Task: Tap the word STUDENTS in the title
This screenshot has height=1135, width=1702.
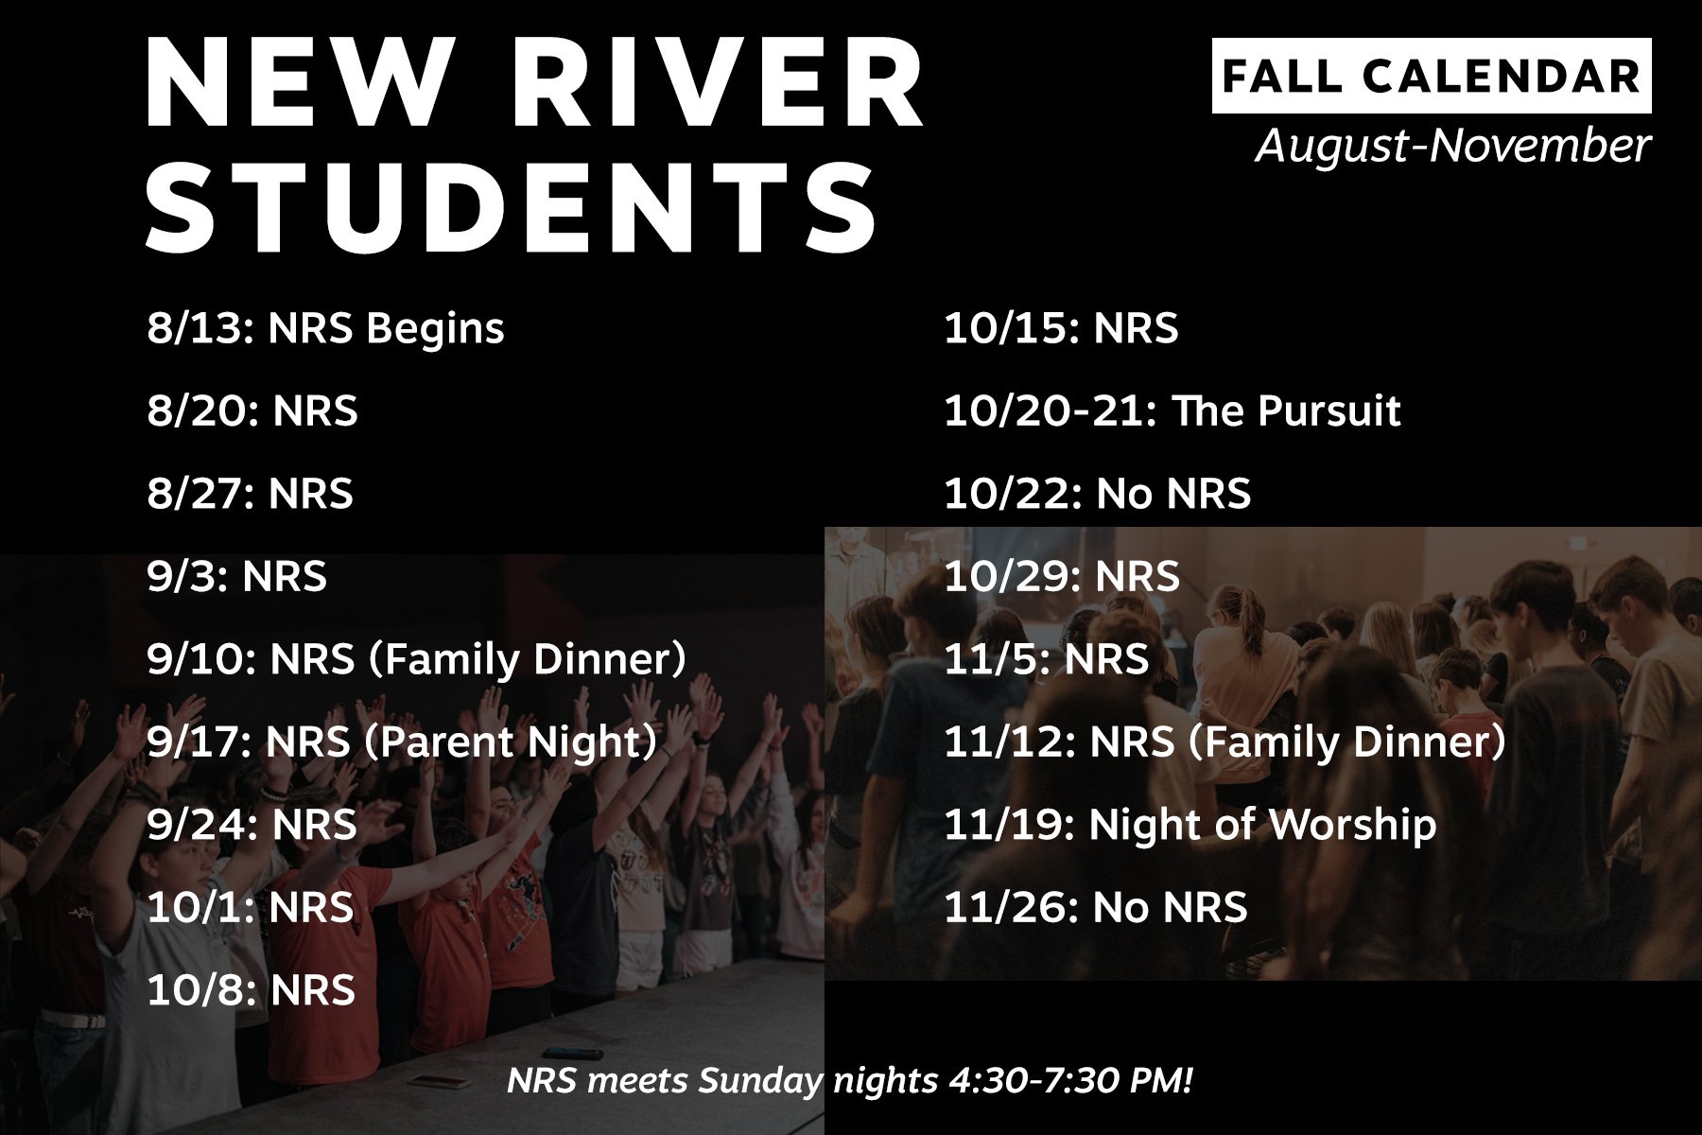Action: [x=511, y=208]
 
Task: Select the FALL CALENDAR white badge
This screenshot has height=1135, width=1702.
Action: [x=1431, y=76]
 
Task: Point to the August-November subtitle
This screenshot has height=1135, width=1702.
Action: [x=1452, y=146]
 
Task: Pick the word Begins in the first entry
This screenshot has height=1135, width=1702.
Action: [x=435, y=329]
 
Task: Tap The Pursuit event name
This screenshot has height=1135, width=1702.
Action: [x=1286, y=411]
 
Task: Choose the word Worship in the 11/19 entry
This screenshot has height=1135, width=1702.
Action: [x=1352, y=825]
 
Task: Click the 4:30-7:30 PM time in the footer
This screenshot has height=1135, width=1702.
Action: [x=1068, y=1080]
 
